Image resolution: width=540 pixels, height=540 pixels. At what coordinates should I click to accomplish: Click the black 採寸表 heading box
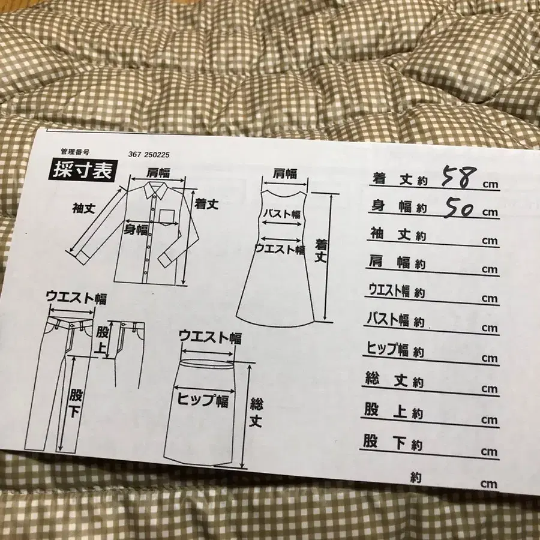click(82, 172)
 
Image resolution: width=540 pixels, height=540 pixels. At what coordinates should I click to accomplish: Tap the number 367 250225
click(153, 154)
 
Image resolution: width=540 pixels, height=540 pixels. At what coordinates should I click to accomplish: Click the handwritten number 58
click(459, 176)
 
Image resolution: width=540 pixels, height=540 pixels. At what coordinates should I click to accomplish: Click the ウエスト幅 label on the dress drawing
click(280, 248)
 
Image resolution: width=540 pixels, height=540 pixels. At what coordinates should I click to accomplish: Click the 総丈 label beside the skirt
click(256, 411)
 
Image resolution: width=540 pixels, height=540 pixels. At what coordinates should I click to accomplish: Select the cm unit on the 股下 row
click(488, 451)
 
